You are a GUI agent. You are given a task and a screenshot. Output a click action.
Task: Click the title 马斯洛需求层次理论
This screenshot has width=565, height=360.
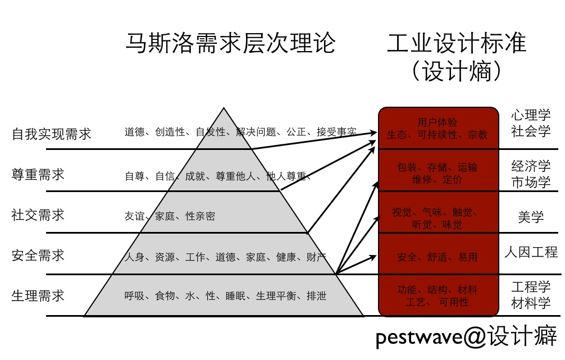[x=230, y=43]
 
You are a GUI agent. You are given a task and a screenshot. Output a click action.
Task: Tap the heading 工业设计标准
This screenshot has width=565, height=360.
[x=456, y=43]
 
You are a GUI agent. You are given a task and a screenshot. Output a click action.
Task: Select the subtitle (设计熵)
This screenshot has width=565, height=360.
[x=455, y=71]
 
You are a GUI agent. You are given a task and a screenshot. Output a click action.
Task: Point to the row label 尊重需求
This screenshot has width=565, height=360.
[x=38, y=174]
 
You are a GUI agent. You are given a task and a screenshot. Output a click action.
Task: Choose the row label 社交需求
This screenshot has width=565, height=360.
[x=38, y=215]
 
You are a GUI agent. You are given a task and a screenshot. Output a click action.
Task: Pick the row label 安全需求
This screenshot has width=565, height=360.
[x=38, y=256]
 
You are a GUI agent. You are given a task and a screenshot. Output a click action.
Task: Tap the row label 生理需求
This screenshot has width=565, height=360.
[x=38, y=295]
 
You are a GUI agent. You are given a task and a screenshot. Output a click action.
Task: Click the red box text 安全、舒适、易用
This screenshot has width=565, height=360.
[x=437, y=257]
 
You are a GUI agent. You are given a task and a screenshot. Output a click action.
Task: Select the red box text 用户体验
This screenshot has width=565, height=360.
[x=438, y=122]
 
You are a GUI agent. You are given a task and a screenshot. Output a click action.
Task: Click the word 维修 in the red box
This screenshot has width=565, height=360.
[x=422, y=180]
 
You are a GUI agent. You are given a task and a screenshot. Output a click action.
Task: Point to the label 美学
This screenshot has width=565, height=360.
[x=531, y=217]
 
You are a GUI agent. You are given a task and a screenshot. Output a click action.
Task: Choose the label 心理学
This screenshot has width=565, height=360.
[x=531, y=116]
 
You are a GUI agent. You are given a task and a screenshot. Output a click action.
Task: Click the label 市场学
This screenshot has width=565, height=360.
[x=531, y=182]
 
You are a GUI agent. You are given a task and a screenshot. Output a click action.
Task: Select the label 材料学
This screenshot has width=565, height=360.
[x=531, y=303]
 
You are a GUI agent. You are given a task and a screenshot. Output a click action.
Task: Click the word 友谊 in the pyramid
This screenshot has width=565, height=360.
[x=135, y=216]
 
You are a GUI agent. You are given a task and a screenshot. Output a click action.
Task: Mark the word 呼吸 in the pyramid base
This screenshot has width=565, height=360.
[x=135, y=296]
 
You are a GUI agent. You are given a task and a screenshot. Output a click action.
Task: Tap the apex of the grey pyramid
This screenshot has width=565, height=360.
[x=224, y=109]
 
